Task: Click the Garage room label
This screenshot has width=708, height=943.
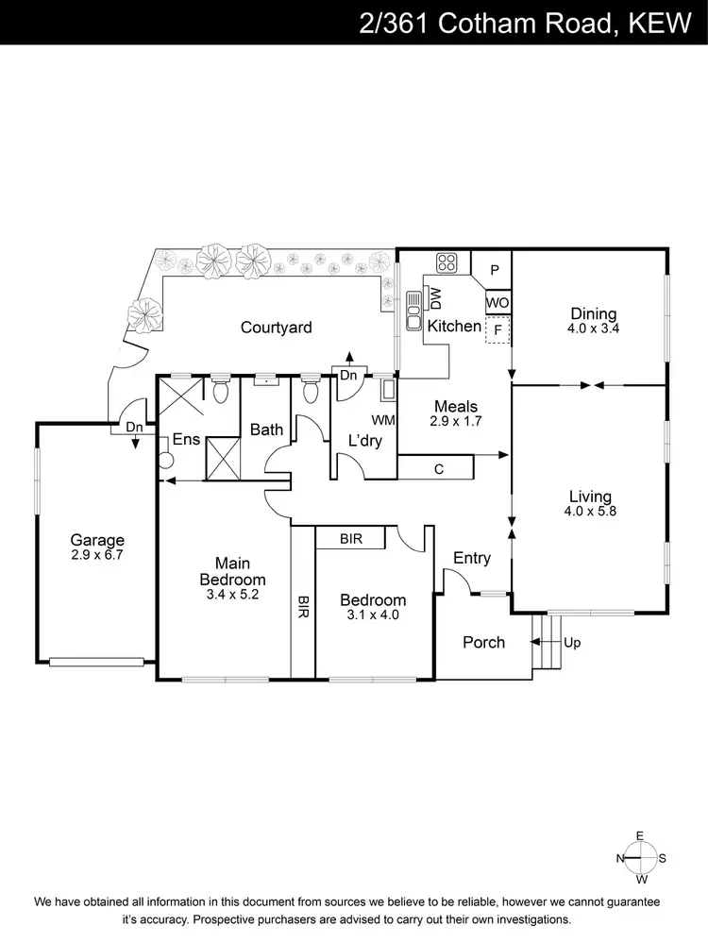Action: [96, 540]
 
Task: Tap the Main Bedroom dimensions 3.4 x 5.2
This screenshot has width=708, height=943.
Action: [231, 595]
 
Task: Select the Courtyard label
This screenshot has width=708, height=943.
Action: [276, 328]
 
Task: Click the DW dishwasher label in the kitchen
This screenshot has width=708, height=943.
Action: [436, 298]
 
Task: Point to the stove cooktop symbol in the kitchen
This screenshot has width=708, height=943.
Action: [447, 263]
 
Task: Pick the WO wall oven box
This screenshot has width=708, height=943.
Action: [498, 303]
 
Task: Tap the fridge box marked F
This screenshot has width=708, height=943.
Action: [497, 331]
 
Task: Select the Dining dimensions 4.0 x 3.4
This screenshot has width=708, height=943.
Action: [592, 329]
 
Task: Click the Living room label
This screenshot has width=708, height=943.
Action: [590, 496]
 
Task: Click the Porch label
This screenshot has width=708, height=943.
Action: [483, 642]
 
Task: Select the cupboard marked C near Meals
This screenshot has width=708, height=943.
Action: [439, 467]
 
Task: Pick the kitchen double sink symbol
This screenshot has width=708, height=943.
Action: [413, 311]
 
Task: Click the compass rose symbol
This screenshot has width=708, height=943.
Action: [640, 858]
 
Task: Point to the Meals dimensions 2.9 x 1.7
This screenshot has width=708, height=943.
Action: [455, 422]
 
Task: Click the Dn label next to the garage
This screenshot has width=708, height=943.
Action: [135, 427]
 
